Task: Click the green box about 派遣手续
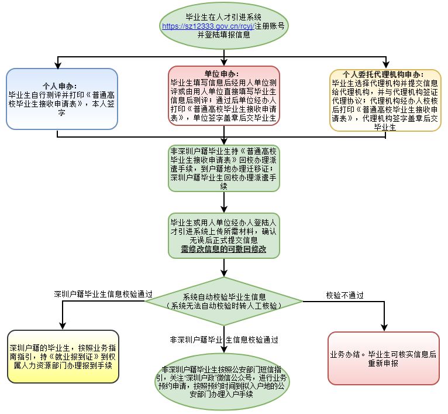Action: [224, 168]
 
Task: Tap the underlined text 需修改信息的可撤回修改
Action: [224, 249]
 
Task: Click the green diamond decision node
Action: [224, 302]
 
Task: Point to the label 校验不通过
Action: [345, 295]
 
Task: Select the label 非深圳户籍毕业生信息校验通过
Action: [223, 339]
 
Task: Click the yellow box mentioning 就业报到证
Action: [62, 357]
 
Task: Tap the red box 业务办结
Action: [383, 358]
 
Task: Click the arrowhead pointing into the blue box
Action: [58, 65]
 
